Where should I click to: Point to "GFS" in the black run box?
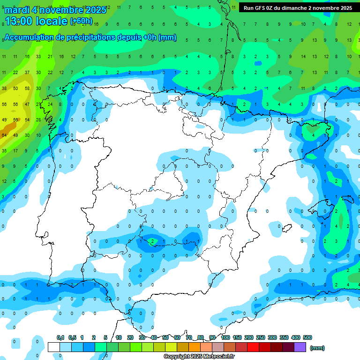tap(262, 8)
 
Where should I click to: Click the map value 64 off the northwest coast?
tap(4, 135)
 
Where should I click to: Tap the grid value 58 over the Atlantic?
tap(27, 88)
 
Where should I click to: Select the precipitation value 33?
tap(38, 57)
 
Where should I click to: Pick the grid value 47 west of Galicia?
tap(27, 104)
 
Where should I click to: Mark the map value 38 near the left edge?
tap(4, 88)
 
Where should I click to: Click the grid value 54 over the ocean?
tap(27, 120)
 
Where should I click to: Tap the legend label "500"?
tap(307, 337)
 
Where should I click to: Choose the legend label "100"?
tap(225, 337)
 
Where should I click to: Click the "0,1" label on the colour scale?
tap(60, 337)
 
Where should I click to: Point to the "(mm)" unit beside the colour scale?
tap(317, 348)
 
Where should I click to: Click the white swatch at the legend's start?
tap(53, 347)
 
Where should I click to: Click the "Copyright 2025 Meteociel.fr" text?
tap(199, 357)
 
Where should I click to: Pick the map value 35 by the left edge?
tap(4, 151)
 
